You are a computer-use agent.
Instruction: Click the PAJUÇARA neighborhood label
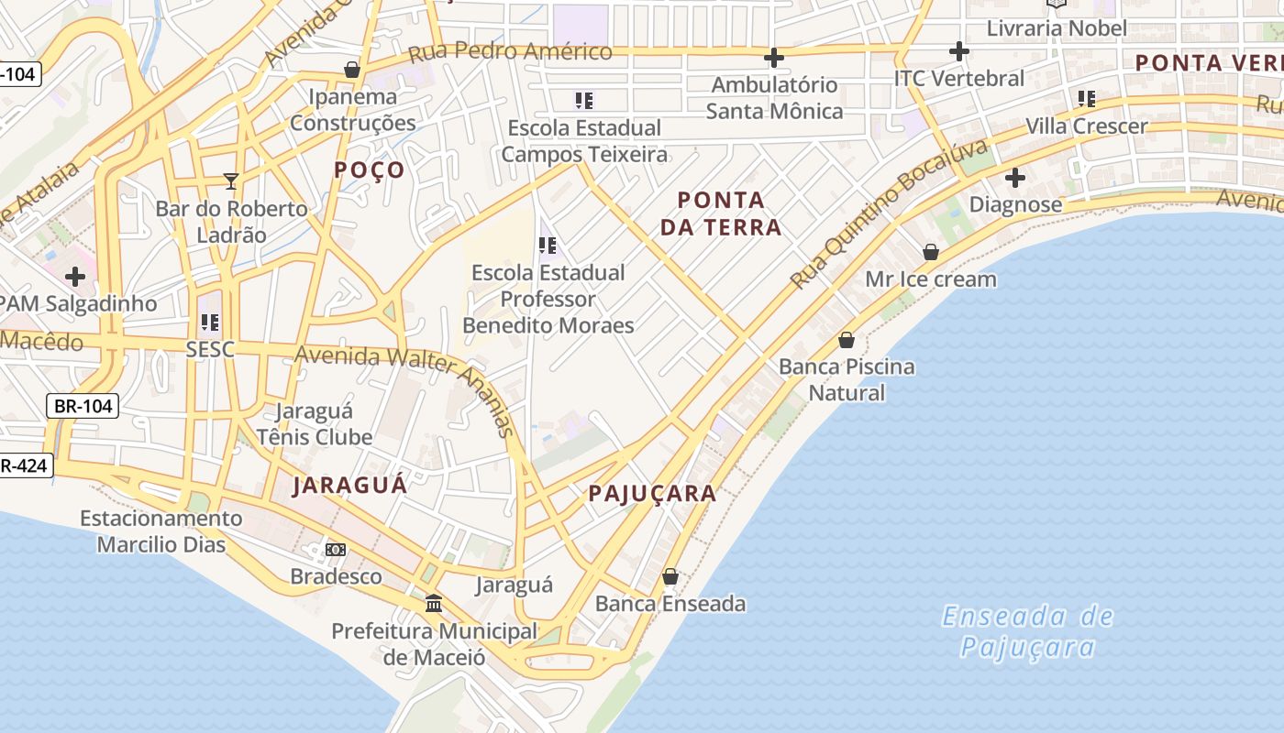pos(652,494)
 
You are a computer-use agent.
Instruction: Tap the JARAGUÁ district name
pos(349,486)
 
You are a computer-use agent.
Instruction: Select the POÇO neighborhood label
pos(370,170)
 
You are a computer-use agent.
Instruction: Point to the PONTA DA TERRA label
pos(721,213)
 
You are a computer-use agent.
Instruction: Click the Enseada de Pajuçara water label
pos(1027,631)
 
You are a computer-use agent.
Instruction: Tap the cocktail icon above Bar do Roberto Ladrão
pos(231,181)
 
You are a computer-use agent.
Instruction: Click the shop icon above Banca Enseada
pos(670,576)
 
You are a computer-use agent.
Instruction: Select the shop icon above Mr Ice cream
pos(931,251)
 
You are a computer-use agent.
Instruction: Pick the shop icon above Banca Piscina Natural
pos(847,340)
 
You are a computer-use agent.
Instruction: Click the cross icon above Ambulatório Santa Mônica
pos(774,58)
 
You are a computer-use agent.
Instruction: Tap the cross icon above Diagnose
pos(1015,177)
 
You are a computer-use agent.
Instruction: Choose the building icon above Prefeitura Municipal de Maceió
pos(434,603)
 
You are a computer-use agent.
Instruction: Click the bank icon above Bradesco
pos(336,549)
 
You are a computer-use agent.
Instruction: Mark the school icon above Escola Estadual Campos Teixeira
pos(583,100)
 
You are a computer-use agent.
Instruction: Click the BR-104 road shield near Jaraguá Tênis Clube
pos(83,405)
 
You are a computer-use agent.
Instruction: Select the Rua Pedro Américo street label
pos(510,51)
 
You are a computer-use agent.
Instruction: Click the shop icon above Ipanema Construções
pos(351,70)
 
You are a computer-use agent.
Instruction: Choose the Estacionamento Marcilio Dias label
pos(161,531)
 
